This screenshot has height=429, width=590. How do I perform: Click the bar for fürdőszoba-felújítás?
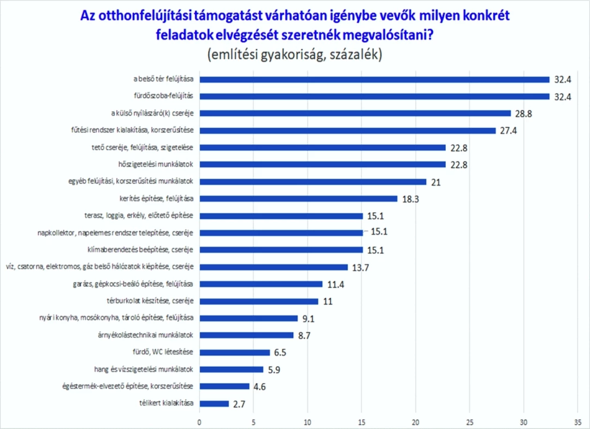point(374,96)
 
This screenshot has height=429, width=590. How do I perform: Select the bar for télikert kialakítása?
point(214,404)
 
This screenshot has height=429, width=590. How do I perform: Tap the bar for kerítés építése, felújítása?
point(298,198)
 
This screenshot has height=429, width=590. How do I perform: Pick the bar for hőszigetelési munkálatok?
point(322,164)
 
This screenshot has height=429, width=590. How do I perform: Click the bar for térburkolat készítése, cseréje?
point(258,301)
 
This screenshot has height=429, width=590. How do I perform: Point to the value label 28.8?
point(526,114)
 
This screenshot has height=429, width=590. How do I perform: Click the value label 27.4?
point(510,131)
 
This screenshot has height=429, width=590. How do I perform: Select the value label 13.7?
point(362,268)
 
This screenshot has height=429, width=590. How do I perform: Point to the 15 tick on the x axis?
point(362,422)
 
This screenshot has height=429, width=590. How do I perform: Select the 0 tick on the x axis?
point(199,422)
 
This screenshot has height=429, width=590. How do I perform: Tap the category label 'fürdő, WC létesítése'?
point(169,352)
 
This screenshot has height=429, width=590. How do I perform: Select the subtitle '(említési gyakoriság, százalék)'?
point(294,55)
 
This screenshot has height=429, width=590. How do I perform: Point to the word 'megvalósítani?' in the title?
point(389,35)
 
